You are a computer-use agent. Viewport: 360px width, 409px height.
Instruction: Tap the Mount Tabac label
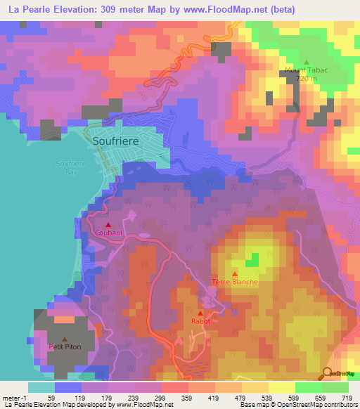pos(307,70)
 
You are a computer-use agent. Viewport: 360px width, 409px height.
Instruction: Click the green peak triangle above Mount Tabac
pos(307,61)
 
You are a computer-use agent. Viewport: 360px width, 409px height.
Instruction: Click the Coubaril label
pos(108,233)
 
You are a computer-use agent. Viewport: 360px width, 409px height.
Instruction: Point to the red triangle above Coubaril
pos(108,224)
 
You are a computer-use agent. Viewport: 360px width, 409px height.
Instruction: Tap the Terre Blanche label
pos(235,282)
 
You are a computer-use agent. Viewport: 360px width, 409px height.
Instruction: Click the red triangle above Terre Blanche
pos(235,273)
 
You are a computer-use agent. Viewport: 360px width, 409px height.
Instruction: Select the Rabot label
pos(200,321)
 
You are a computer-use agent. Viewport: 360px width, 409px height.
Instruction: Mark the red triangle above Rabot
pos(200,313)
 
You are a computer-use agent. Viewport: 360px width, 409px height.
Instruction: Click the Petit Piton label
pos(65,346)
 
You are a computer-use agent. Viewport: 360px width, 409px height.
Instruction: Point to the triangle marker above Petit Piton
pos(65,339)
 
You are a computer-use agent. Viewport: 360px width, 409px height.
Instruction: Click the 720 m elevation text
pos(307,79)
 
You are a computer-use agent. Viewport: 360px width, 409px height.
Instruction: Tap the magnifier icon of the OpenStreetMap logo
pos(328,373)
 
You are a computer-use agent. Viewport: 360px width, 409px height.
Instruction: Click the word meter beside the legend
pos(11,398)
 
